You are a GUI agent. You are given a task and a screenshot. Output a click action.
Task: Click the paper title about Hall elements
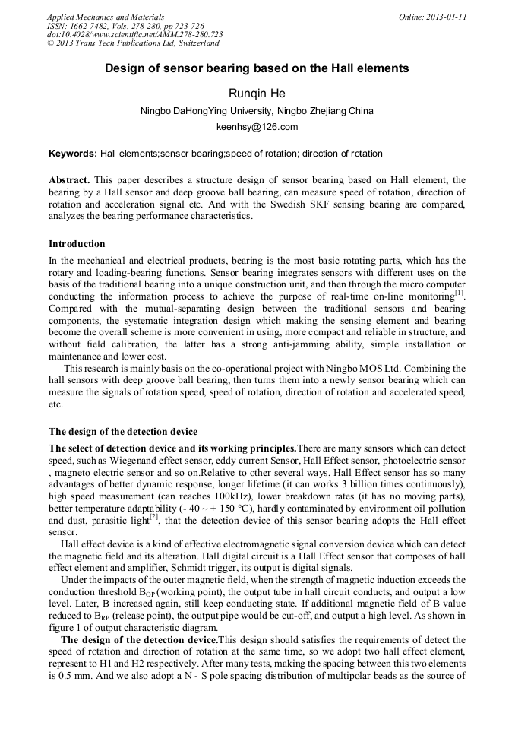(257, 68)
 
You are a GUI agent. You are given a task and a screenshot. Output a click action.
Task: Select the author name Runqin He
(257, 94)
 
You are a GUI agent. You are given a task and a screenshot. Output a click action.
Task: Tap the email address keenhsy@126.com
(257, 127)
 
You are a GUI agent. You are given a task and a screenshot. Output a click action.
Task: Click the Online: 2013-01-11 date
(432, 17)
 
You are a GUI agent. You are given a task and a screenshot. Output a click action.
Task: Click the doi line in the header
(134, 35)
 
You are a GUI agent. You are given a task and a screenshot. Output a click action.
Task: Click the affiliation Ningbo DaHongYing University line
(257, 111)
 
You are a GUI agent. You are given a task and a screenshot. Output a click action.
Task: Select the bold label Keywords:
(73, 154)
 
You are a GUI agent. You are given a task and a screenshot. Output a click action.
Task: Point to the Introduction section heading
(77, 244)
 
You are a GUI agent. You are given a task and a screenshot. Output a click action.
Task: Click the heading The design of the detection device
(123, 432)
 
